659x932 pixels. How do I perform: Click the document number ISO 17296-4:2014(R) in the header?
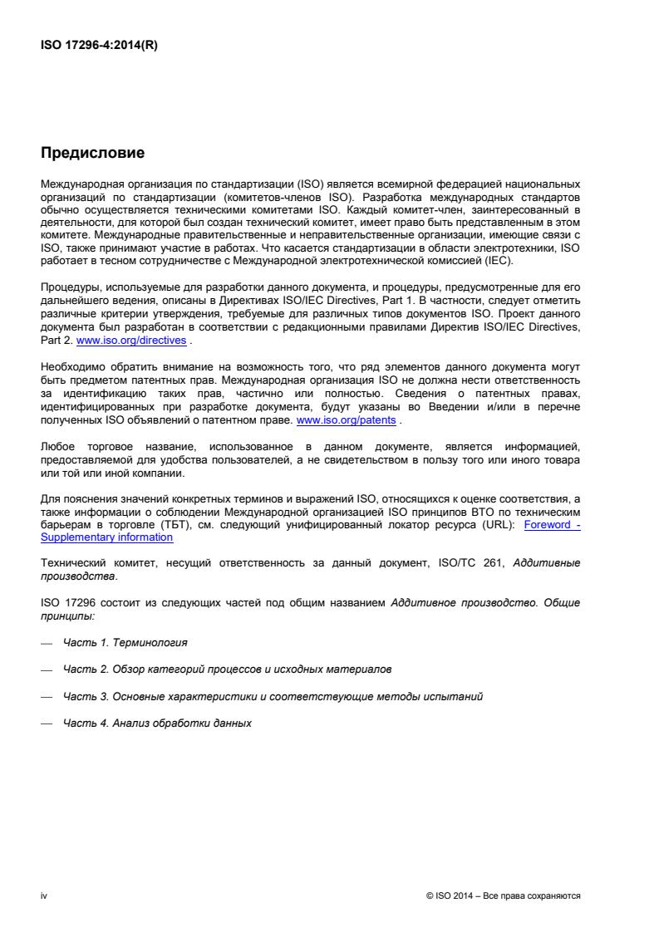click(99, 47)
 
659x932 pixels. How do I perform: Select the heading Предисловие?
click(93, 153)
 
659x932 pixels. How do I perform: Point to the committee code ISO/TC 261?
click(455, 563)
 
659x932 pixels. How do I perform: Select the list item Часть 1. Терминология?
click(125, 644)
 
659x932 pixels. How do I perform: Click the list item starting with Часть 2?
click(228, 668)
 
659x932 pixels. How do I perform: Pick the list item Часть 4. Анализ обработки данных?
click(157, 723)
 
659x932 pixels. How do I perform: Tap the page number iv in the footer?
click(43, 896)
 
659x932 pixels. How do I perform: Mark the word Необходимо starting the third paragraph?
click(69, 366)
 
